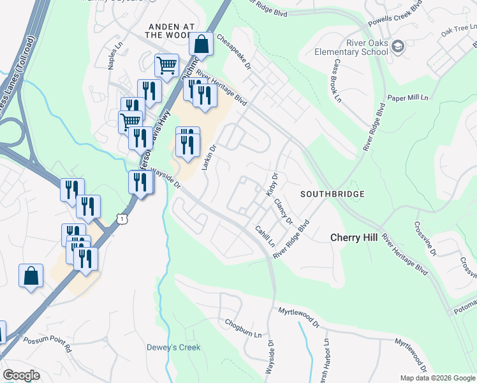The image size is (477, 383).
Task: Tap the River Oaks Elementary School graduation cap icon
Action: point(398,46)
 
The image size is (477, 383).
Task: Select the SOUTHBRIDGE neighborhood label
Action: point(332,193)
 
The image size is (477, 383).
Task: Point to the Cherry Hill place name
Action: point(354,237)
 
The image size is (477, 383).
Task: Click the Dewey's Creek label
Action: point(173,348)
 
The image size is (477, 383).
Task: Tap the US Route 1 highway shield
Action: point(122,219)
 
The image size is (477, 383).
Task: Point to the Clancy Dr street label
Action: point(283,212)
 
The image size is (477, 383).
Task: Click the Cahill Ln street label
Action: point(265,236)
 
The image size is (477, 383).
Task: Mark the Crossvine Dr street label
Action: point(425,238)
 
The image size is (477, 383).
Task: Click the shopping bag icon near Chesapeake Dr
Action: point(202,45)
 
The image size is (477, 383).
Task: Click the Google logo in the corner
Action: point(21,375)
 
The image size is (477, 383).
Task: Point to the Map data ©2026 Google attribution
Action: point(437,378)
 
